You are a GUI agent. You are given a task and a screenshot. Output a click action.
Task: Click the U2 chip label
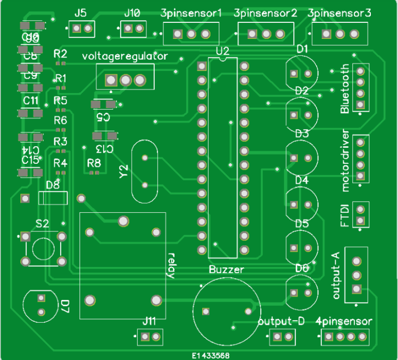coord(222,51)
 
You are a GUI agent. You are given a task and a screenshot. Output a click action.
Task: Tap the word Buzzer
coord(226,270)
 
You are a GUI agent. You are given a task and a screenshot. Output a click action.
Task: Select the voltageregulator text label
coord(125,56)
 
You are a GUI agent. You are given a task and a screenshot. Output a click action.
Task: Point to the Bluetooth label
coord(345,89)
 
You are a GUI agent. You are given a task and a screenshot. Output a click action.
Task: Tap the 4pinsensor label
coord(343,321)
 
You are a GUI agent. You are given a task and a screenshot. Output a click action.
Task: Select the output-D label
coord(281,321)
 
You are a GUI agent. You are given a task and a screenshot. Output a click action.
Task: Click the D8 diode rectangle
coord(54,198)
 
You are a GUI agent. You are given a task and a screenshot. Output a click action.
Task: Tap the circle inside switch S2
coord(43,248)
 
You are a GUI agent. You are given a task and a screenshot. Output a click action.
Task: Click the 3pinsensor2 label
coord(265,13)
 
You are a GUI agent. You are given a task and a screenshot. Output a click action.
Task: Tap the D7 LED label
coord(65,305)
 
